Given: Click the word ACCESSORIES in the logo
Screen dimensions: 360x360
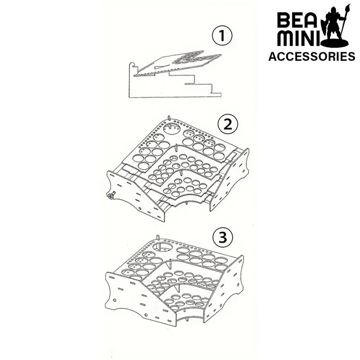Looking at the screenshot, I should click(x=311, y=56).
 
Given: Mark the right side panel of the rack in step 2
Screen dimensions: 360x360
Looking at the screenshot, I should click(x=232, y=180).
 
